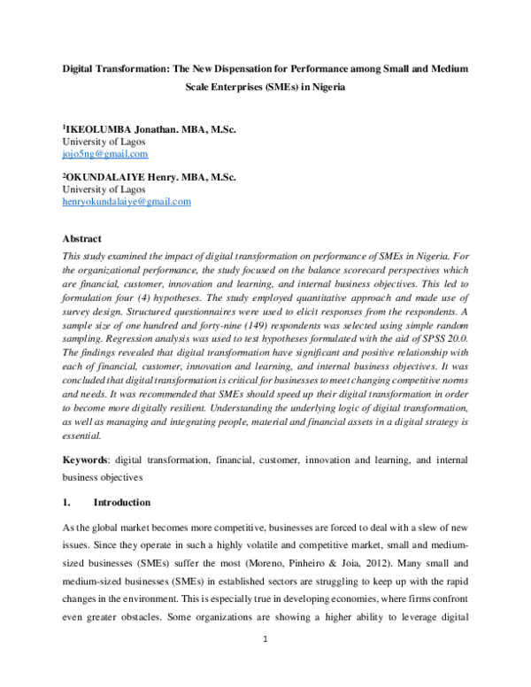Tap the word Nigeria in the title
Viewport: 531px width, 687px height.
coord(323,88)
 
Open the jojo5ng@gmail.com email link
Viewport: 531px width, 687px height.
coord(98,153)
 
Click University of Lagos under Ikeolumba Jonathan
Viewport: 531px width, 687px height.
coord(104,141)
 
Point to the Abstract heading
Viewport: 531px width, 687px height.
coord(81,239)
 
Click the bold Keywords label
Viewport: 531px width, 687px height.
coord(90,461)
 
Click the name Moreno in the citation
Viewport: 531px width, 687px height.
coord(327,550)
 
